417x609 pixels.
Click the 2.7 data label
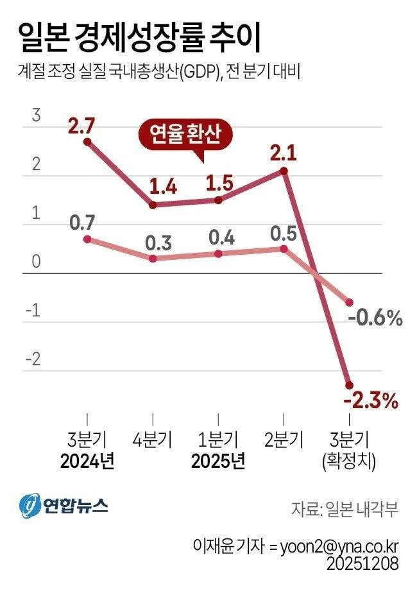81,125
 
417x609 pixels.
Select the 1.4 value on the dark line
163,187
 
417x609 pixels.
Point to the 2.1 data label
284,153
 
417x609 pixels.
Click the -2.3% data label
371,402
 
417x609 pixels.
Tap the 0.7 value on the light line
83,223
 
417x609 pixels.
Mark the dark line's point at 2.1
284,171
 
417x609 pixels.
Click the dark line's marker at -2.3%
350,385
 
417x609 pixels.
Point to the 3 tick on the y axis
37,116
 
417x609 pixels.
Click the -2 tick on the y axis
34,359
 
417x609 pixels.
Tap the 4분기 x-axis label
153,440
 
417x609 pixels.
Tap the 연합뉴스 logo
63,506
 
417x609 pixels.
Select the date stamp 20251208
362,564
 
